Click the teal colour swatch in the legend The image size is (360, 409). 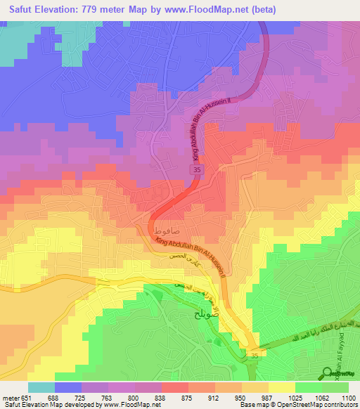tap(41, 387)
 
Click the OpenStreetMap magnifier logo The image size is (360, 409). tap(328, 374)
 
